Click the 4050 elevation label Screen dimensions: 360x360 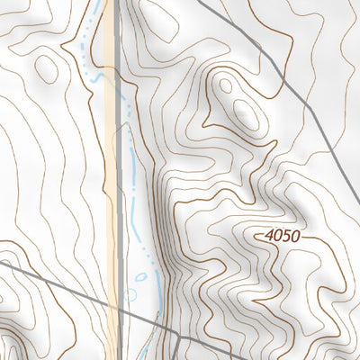click(x=282, y=235)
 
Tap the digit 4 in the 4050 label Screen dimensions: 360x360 click(x=270, y=235)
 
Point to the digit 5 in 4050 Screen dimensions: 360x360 click(x=286, y=235)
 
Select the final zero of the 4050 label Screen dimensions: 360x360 click(x=294, y=235)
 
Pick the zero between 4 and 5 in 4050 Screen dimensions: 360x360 click(x=278, y=235)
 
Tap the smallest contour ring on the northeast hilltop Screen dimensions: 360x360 click(x=225, y=86)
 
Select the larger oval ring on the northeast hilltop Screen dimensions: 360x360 click(x=244, y=112)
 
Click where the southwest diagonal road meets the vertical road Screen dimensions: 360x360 click(x=120, y=312)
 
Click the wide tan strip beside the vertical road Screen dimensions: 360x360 click(x=110, y=180)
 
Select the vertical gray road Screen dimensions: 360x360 click(x=120, y=180)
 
